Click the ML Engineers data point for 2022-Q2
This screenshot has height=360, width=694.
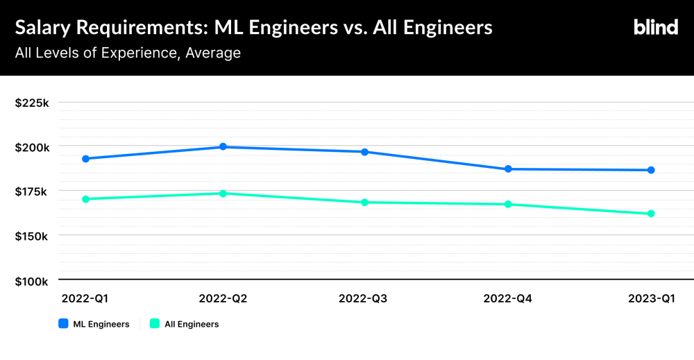pos(223,146)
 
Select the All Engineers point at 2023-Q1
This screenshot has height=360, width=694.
pos(651,214)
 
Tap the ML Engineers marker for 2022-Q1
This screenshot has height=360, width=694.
pos(86,159)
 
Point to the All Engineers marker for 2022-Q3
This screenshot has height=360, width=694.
pos(365,202)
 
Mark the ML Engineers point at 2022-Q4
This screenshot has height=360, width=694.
pos(508,169)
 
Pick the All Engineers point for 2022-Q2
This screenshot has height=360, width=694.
pos(223,194)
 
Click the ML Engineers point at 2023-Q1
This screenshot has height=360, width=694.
pos(651,170)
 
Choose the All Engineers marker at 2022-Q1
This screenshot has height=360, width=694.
pos(86,199)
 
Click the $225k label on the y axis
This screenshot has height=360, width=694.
pos(32,103)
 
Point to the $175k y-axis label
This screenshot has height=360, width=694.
pos(31,192)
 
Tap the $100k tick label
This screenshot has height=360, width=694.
pos(31,282)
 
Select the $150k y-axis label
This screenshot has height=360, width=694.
pos(31,237)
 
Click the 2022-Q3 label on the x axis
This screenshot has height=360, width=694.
pos(363,298)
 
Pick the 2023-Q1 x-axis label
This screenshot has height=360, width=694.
pos(652,298)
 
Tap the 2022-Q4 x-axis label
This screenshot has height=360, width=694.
pos(508,298)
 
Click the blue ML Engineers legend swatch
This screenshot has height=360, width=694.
pos(63,323)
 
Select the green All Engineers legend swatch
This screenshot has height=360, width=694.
pos(155,323)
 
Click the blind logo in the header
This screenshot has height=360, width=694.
pos(656,27)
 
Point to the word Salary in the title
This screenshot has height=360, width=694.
pos(43,28)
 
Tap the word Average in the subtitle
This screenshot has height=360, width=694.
pos(213,53)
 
